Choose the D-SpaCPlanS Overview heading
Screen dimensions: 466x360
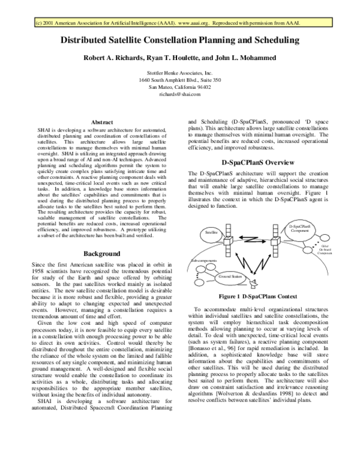257,162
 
